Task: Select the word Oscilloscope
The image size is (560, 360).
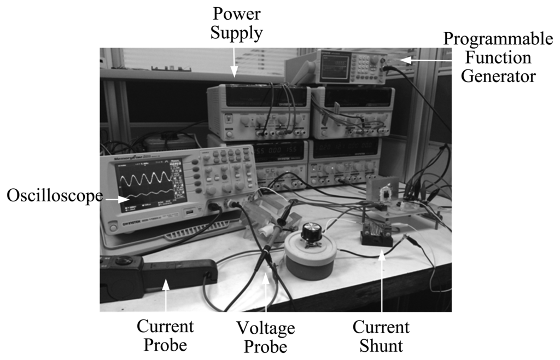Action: (54, 196)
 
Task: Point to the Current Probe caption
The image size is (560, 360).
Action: (165, 335)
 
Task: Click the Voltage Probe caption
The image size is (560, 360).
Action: (265, 337)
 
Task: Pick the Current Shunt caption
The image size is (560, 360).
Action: (381, 336)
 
